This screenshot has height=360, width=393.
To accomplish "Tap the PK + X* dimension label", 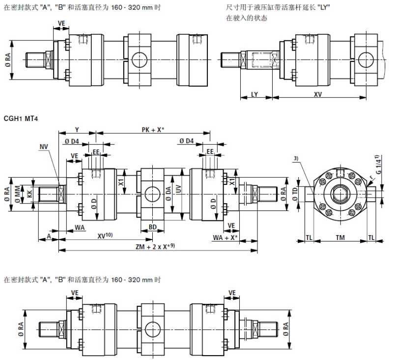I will pyautogui.click(x=153, y=129).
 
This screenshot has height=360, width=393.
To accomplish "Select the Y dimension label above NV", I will pyautogui.click(x=77, y=129).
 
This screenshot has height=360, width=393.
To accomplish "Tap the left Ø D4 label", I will pyautogui.click(x=71, y=142).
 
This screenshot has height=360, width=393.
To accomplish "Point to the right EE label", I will pyautogui.click(x=210, y=152).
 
